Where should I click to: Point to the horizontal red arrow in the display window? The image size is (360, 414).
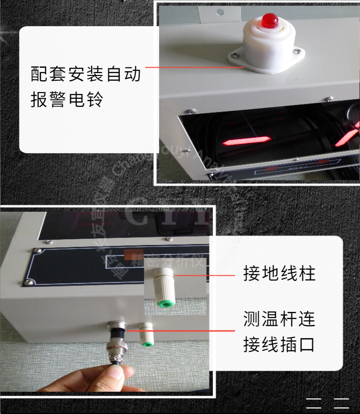coord(246,141)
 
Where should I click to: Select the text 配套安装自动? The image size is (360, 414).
coord(85,75)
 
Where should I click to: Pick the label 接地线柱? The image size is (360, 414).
coord(279,274)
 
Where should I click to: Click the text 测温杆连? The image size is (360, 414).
coord(279,319)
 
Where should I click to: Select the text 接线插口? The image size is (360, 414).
coord(279,344)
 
